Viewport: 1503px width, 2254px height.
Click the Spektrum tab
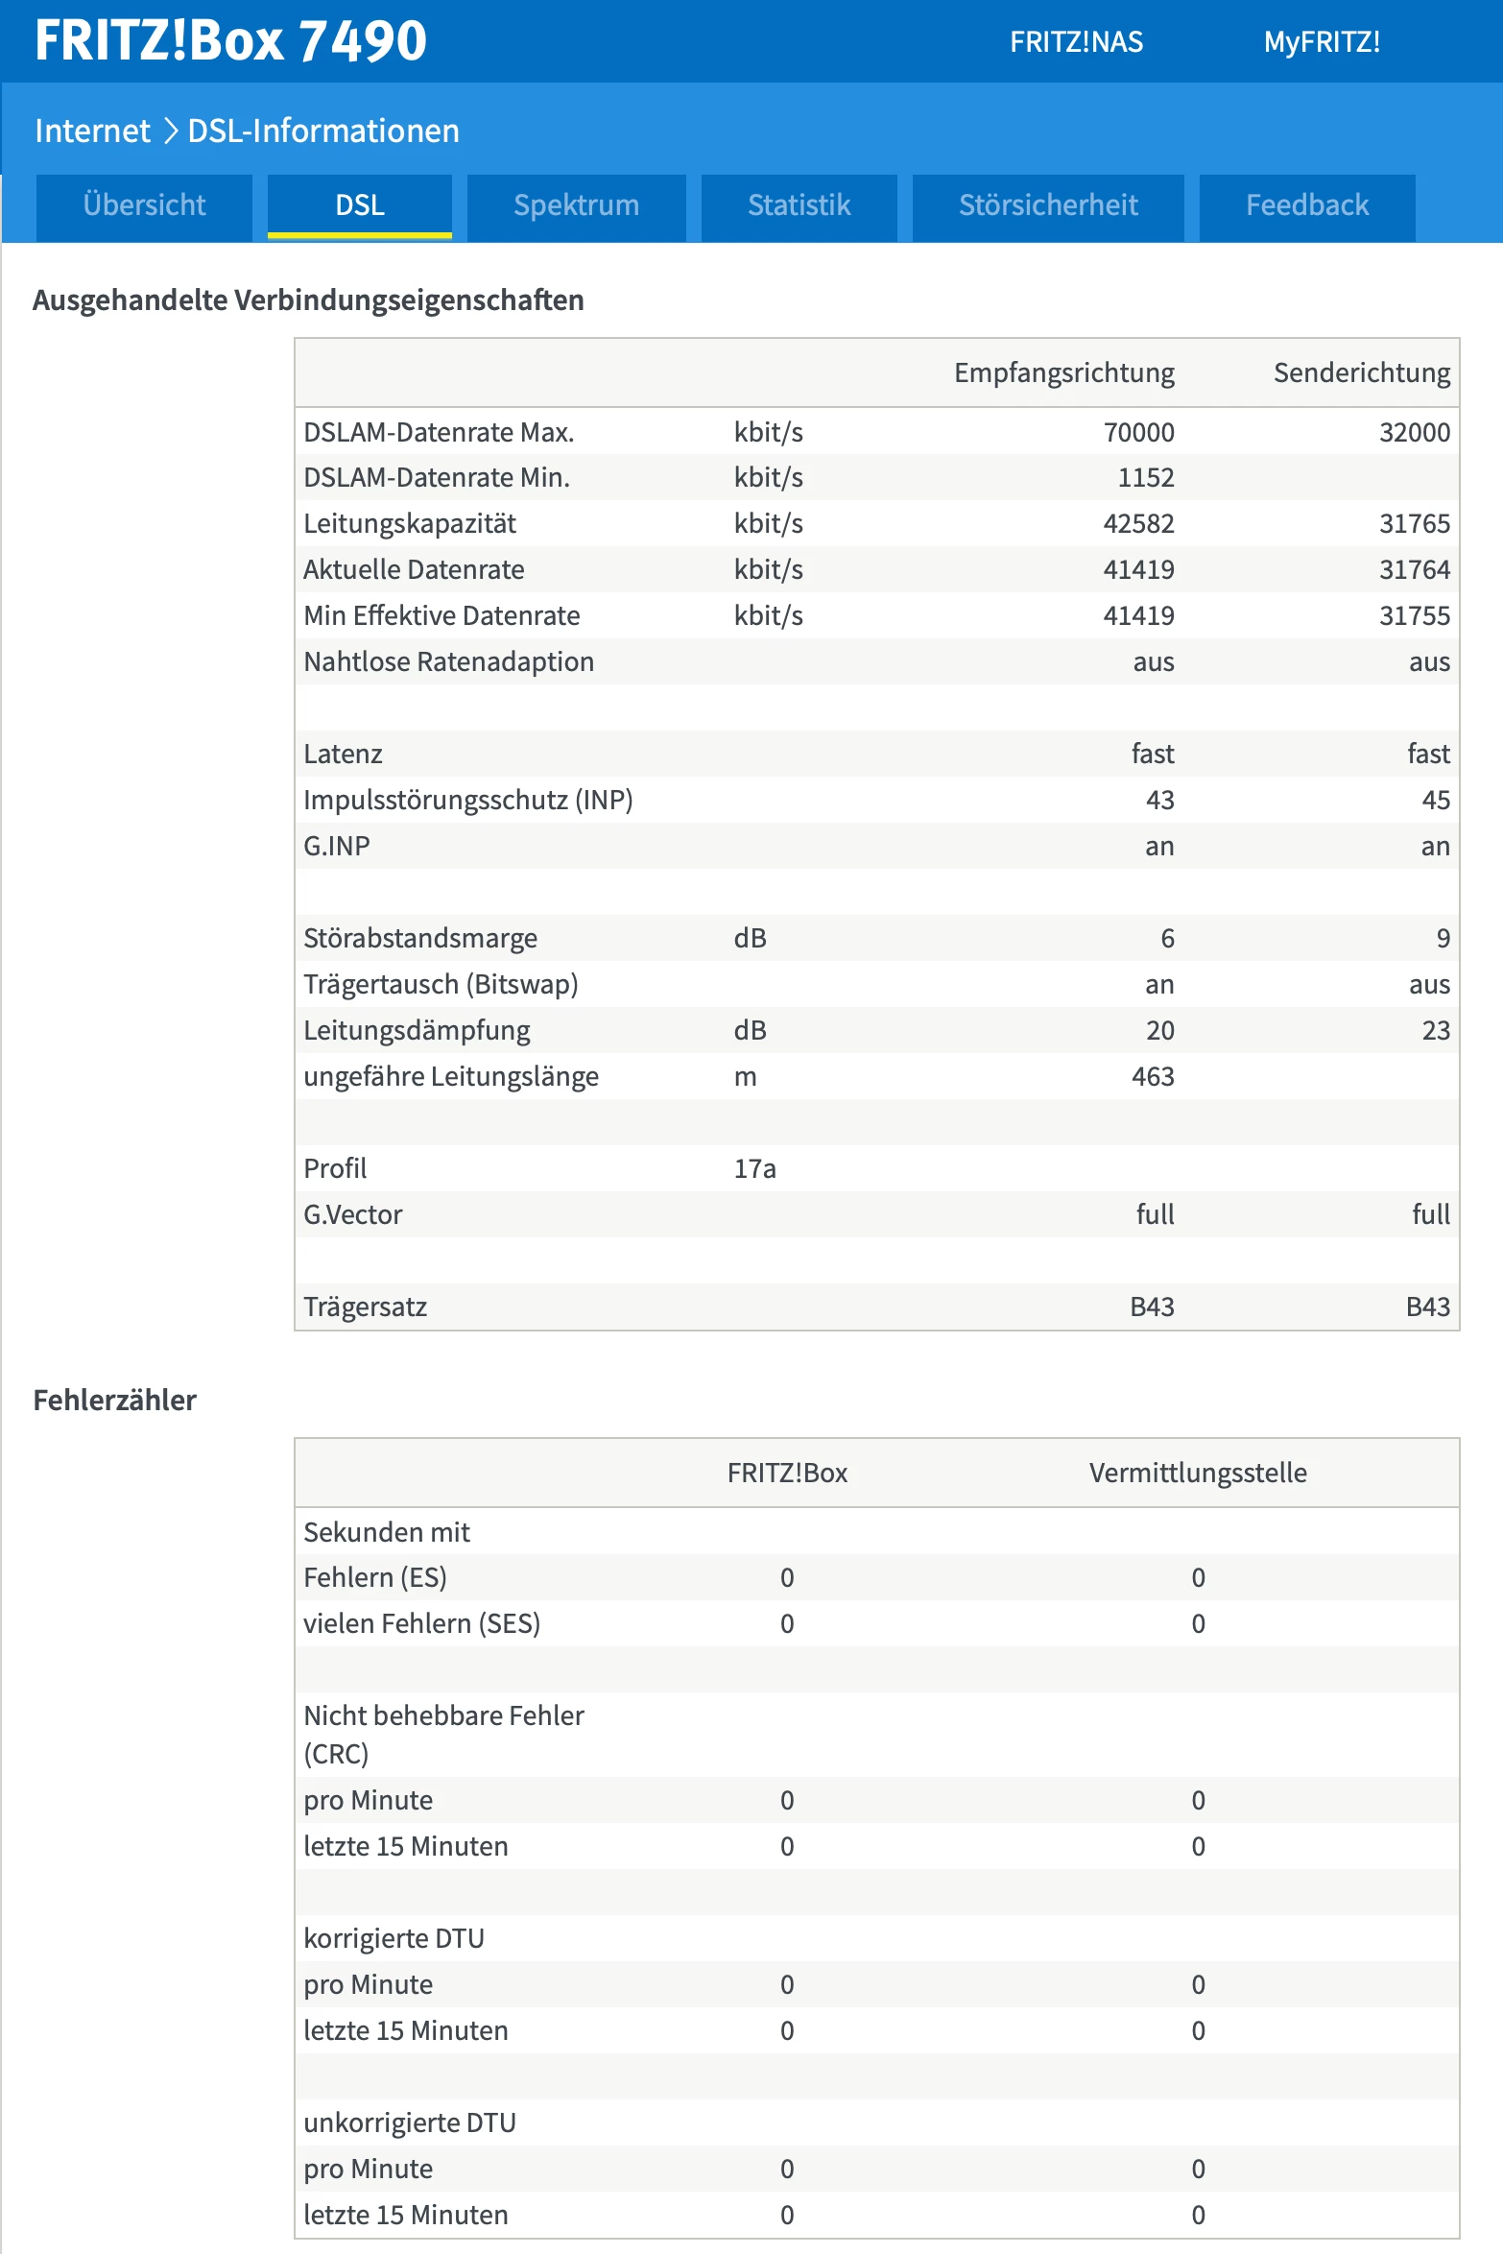click(x=576, y=205)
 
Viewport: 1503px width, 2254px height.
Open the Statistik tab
click(x=799, y=205)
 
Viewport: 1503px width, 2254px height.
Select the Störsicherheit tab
click(x=1048, y=205)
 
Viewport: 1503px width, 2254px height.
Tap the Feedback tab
click(x=1307, y=205)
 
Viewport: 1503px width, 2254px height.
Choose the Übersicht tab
click(x=144, y=205)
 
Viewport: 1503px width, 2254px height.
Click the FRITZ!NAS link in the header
click(x=1076, y=42)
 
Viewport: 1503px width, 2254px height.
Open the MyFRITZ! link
click(x=1322, y=42)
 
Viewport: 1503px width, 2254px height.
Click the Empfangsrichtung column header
click(x=1063, y=372)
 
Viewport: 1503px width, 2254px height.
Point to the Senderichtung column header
click(x=1361, y=372)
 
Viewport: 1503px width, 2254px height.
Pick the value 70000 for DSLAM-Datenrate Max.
click(x=1138, y=432)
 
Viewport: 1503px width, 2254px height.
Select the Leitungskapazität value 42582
click(x=1138, y=523)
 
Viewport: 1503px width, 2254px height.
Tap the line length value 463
click(x=1152, y=1076)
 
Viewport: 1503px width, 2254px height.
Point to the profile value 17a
click(x=754, y=1168)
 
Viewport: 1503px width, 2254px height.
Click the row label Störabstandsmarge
click(x=419, y=938)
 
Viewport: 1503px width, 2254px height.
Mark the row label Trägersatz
click(x=365, y=1307)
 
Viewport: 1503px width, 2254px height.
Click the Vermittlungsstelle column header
click(x=1197, y=1473)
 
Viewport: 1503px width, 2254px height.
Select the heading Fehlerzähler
click(x=114, y=1400)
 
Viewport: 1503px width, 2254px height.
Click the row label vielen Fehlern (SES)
click(x=421, y=1623)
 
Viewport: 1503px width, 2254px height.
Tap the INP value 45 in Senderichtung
click(x=1435, y=800)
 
